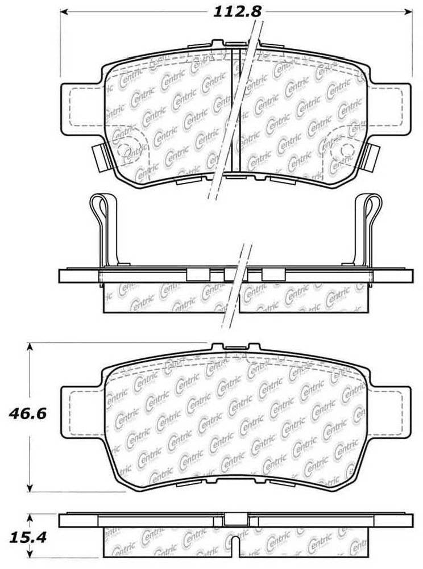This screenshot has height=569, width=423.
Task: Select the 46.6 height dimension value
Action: (x=27, y=414)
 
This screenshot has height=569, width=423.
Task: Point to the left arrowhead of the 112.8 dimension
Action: (x=64, y=11)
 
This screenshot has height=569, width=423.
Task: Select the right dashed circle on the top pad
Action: (x=346, y=149)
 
